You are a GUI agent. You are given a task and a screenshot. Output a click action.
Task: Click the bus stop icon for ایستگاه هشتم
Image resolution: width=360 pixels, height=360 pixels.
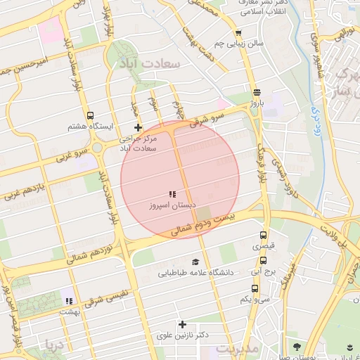[x=89, y=116]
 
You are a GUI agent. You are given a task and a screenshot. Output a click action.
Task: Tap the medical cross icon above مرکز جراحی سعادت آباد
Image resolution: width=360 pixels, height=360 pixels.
[x=138, y=128]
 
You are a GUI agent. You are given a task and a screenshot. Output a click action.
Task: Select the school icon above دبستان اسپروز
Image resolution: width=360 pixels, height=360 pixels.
[x=171, y=194]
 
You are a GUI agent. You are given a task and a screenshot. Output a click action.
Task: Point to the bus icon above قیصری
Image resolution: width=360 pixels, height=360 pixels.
[x=264, y=236]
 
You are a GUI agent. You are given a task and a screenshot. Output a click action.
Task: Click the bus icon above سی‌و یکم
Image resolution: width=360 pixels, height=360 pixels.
[x=254, y=288]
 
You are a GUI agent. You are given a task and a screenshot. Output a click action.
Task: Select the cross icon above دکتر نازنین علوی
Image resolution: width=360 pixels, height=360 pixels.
[x=182, y=324]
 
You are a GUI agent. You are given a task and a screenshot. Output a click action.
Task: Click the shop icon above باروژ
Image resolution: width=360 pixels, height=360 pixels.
[x=257, y=91]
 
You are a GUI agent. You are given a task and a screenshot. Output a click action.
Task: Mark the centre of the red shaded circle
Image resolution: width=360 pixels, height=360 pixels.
[x=180, y=179]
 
